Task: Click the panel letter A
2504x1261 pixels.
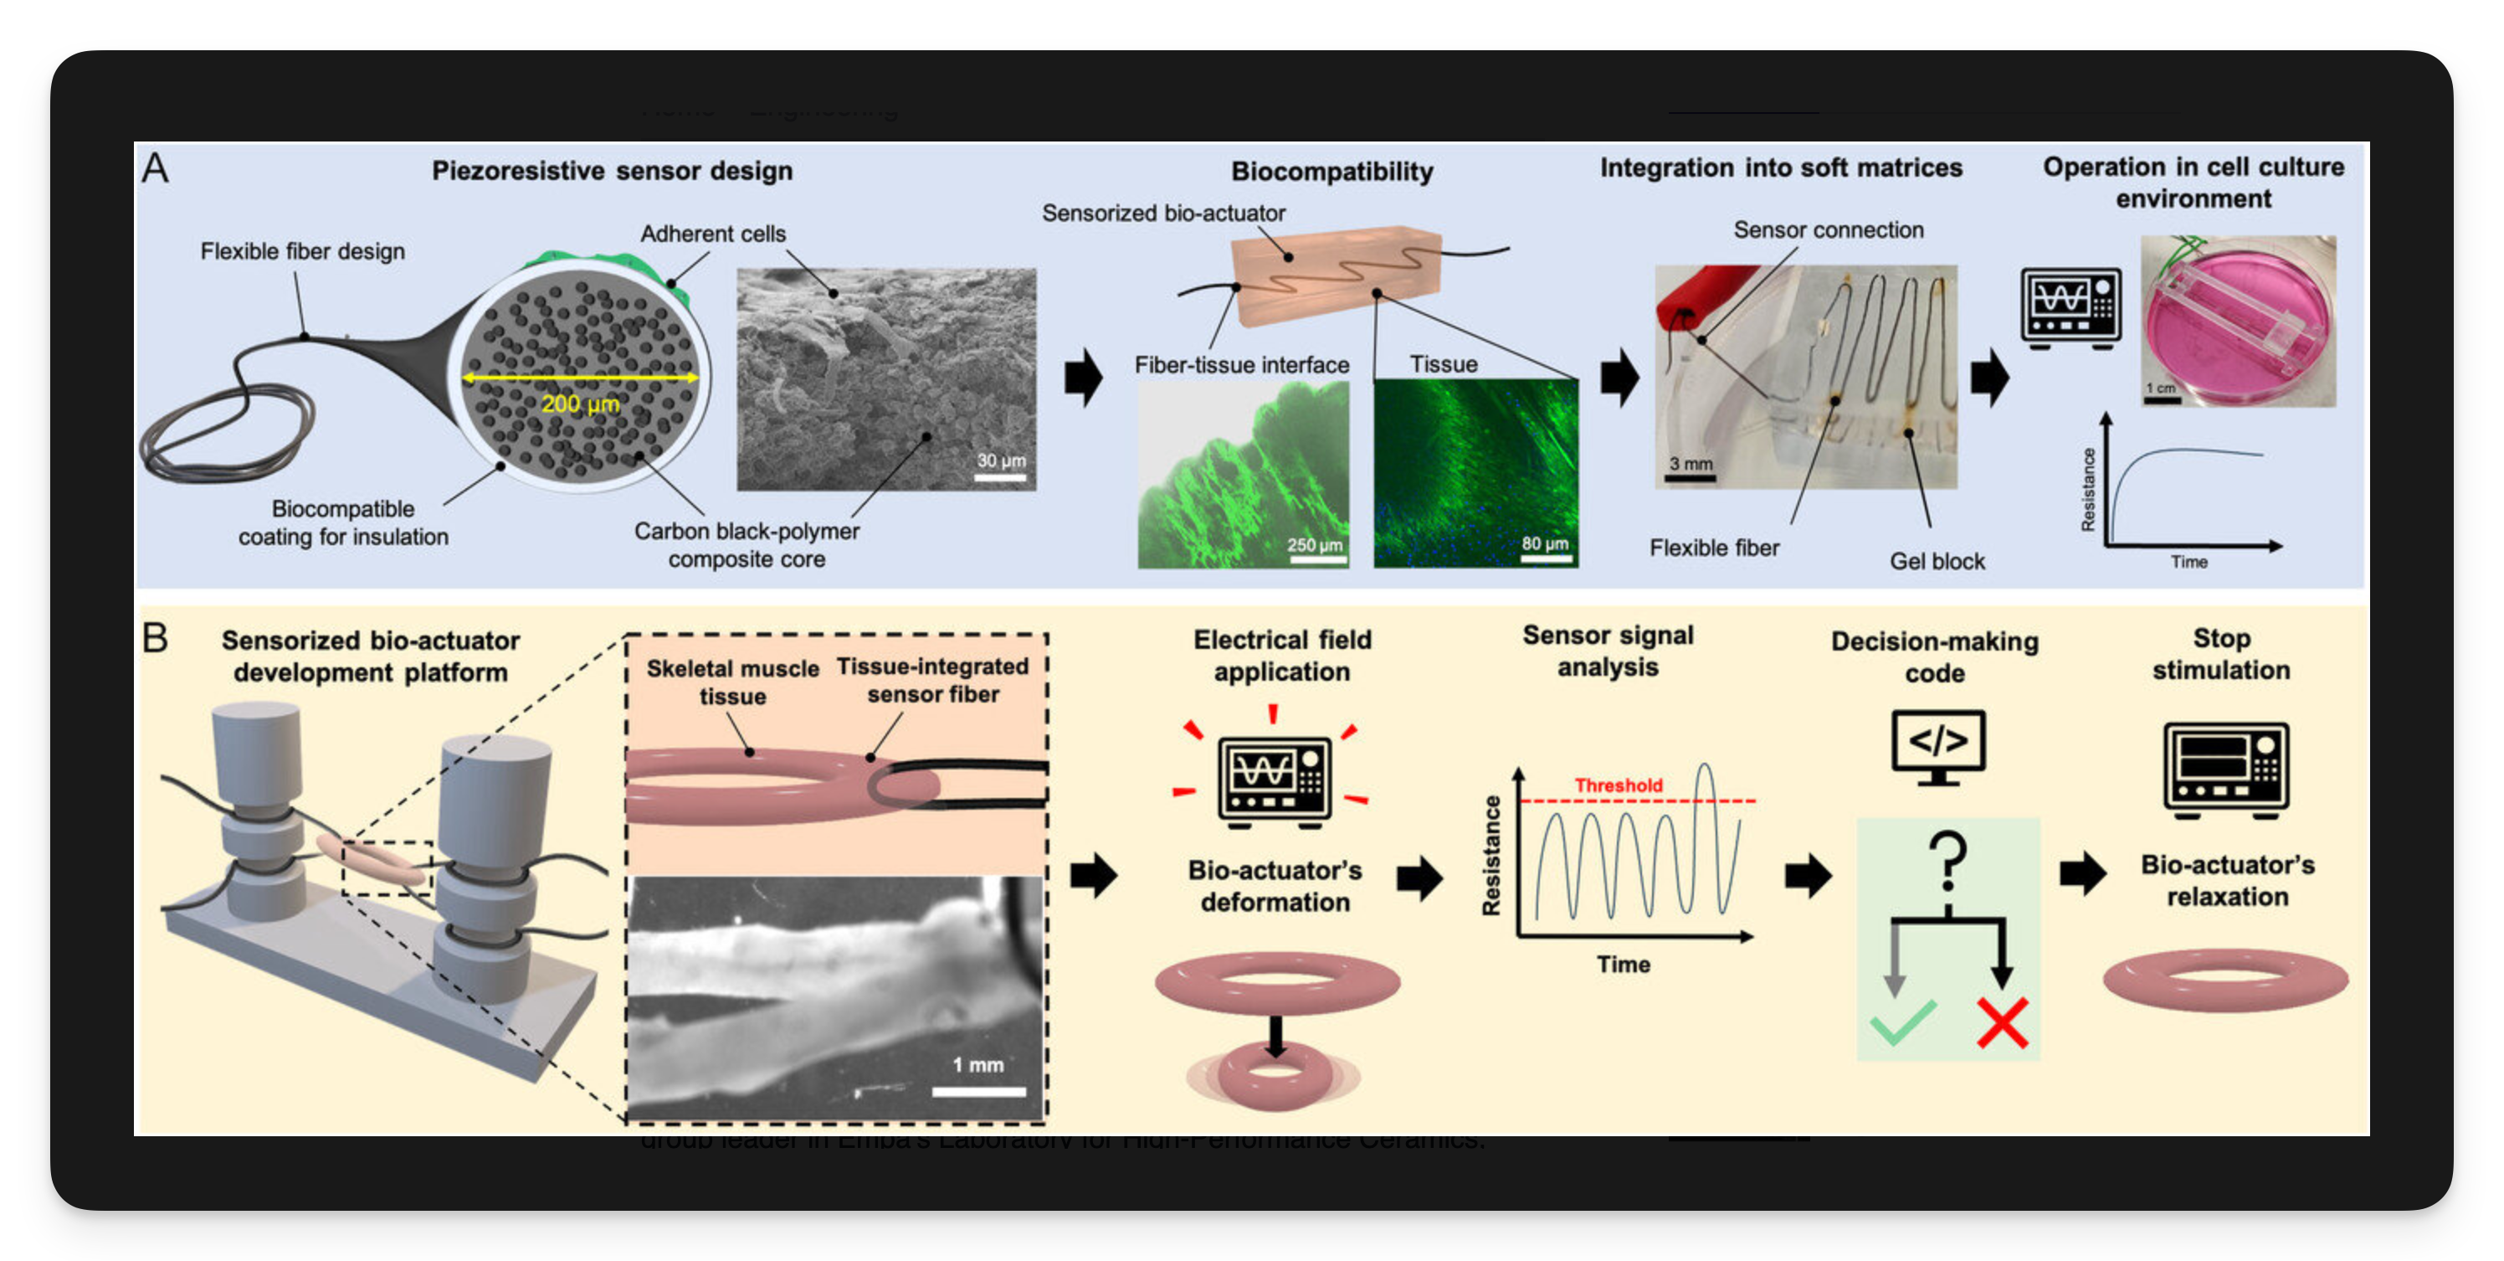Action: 155,169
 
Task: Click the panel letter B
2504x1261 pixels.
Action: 155,639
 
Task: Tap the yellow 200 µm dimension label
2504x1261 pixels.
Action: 579,404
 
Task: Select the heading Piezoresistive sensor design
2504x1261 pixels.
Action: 612,171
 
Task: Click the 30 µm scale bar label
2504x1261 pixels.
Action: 1000,460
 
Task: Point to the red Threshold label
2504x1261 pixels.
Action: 1618,785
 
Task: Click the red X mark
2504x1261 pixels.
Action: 2002,1023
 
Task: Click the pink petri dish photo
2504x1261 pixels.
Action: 2237,320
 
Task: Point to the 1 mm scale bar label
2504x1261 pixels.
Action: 977,1064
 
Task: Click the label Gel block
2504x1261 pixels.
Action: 1937,561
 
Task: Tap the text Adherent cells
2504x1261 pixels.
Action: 712,234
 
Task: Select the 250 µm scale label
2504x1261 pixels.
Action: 1314,544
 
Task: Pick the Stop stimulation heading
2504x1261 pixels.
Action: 2221,653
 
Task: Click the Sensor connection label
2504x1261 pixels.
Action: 1828,229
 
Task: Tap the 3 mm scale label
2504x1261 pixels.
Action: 1691,464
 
